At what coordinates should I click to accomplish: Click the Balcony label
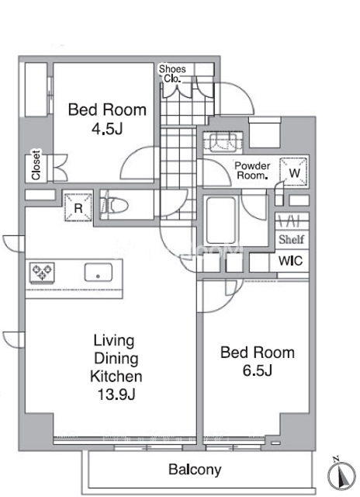click(195, 470)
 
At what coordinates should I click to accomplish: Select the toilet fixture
click(114, 205)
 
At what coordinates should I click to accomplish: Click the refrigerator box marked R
click(78, 207)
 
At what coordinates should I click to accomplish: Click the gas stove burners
click(42, 272)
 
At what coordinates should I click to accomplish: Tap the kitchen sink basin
click(99, 273)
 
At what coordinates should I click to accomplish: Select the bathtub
click(220, 221)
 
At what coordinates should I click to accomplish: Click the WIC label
click(290, 261)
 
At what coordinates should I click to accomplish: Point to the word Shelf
click(291, 239)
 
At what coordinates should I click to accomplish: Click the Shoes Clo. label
click(172, 74)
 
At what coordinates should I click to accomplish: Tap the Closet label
click(36, 165)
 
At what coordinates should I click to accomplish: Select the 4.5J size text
click(107, 129)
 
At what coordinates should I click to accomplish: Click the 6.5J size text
click(258, 370)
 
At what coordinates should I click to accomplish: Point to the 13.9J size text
click(116, 394)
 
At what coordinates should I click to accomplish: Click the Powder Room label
click(252, 171)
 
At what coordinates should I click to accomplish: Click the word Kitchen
click(116, 376)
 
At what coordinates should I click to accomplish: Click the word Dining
click(116, 359)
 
